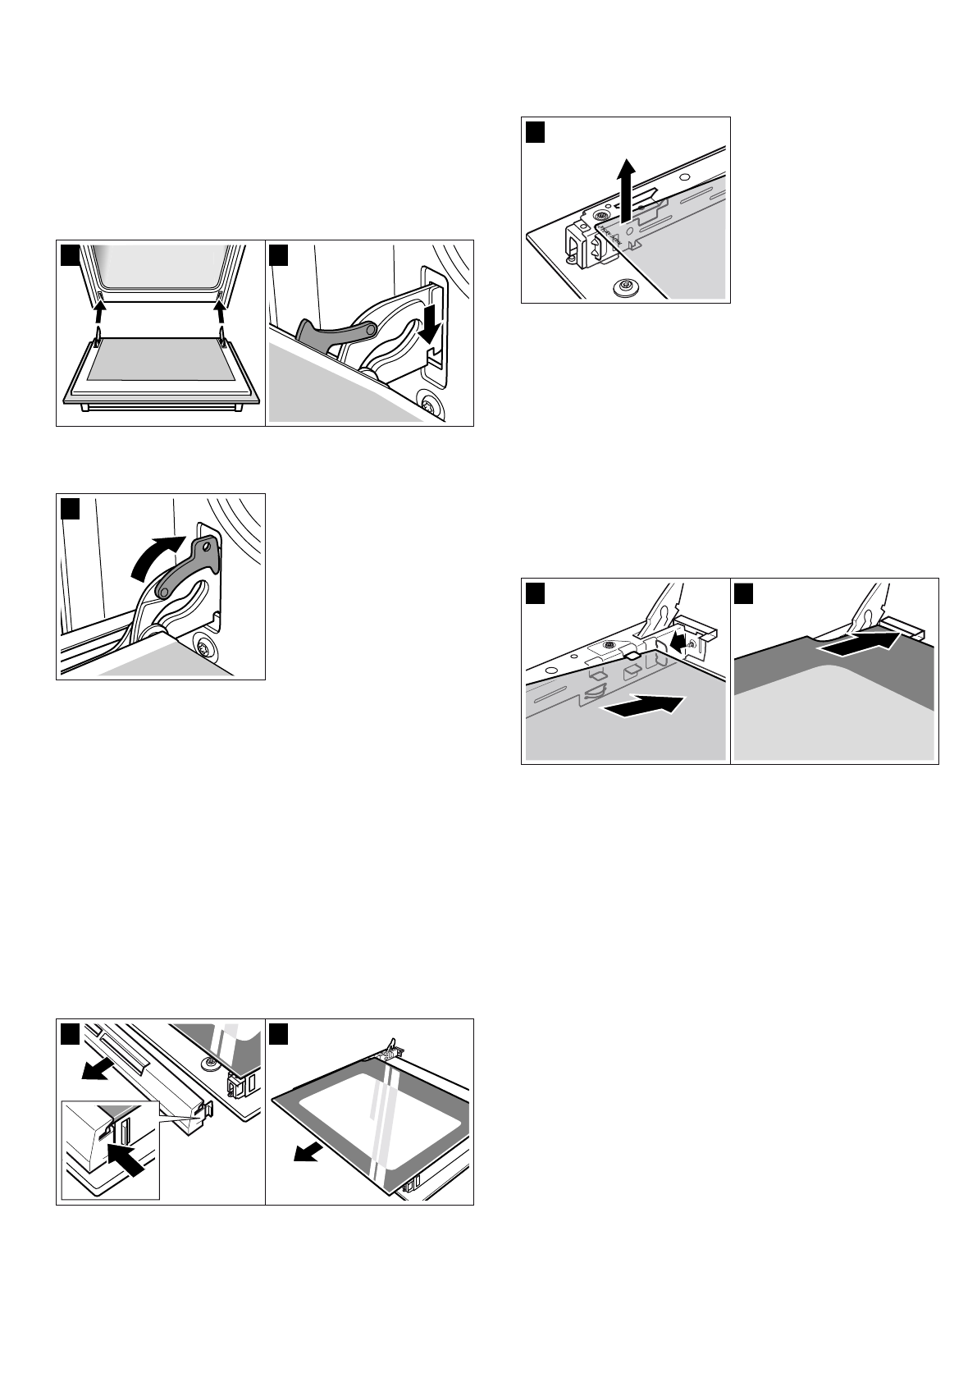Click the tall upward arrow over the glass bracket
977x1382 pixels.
pyautogui.click(x=626, y=189)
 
